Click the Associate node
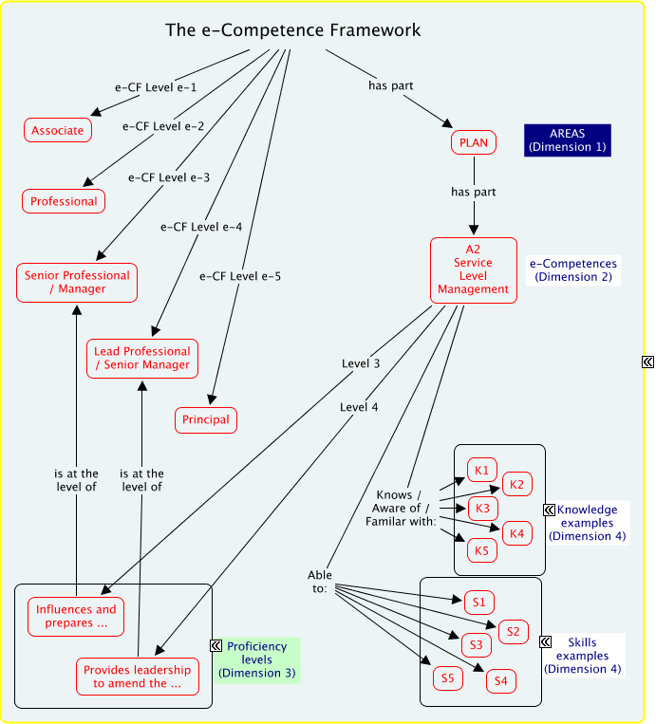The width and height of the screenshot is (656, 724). click(58, 130)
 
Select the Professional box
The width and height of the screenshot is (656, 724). click(64, 201)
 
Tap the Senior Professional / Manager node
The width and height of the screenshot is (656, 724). click(77, 282)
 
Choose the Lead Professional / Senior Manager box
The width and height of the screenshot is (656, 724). click(142, 358)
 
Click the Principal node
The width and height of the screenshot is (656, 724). click(205, 419)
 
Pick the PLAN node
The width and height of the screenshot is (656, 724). click(474, 143)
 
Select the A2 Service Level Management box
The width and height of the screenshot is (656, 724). click(474, 269)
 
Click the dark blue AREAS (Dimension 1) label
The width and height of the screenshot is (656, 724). click(568, 140)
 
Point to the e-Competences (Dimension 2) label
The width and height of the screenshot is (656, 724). click(572, 270)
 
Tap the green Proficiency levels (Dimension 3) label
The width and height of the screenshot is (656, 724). click(256, 659)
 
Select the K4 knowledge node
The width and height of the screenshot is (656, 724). click(516, 533)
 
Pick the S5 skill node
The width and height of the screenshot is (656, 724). click(447, 678)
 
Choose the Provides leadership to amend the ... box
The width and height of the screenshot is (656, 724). click(137, 677)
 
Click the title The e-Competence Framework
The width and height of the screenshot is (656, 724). click(292, 30)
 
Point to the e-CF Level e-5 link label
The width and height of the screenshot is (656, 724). click(240, 277)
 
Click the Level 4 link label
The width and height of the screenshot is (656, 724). click(359, 407)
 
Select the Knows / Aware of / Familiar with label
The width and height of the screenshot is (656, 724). click(407, 508)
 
